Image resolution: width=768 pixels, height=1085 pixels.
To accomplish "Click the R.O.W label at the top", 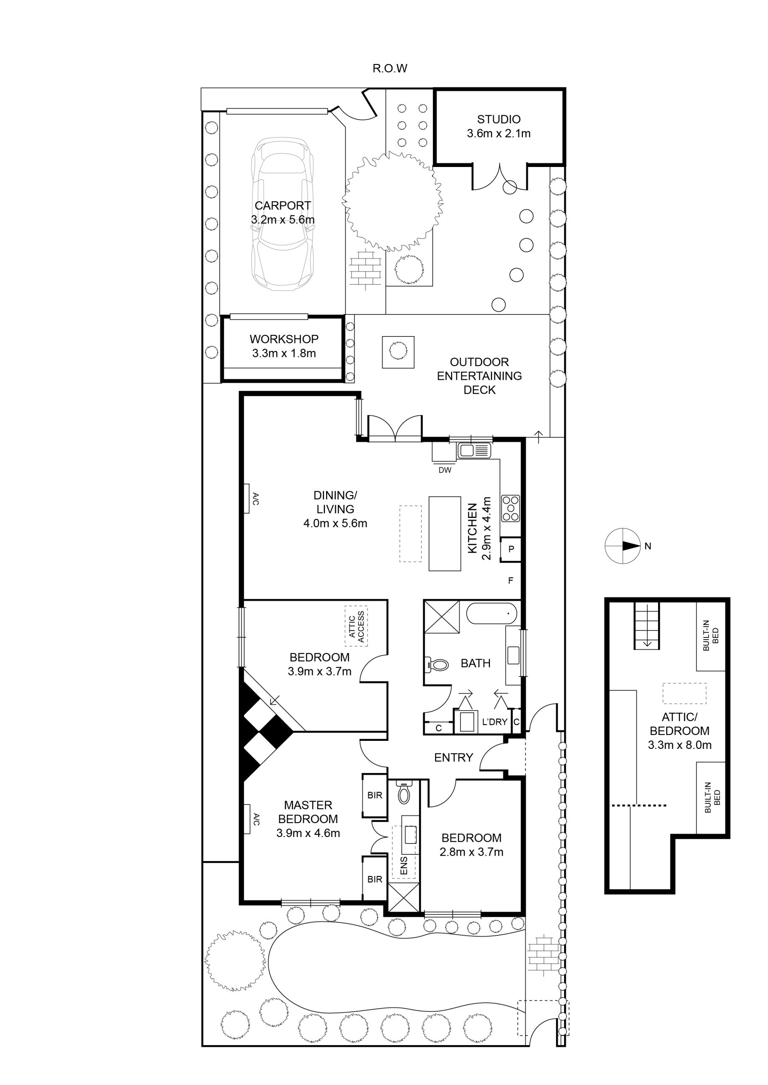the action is coord(390,69).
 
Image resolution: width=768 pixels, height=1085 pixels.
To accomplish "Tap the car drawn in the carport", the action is coord(282,214).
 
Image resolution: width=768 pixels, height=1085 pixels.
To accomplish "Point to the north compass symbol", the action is coord(623,546).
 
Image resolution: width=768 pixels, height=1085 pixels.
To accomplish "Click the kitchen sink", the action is coord(474,451).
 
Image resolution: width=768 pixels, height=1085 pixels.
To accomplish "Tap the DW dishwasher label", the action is coord(445,470).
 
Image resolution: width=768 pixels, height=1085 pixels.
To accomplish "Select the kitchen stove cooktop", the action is coord(510,508).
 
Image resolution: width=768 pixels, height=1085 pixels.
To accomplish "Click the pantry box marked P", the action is coord(511,549).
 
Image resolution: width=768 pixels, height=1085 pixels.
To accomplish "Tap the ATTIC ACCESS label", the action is coord(357,626).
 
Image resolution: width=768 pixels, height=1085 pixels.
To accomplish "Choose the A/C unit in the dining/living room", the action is coord(247,498).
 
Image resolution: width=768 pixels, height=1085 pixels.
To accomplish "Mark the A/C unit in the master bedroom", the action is coord(247,819).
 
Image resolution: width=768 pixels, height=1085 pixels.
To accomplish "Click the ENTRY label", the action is coord(453,757).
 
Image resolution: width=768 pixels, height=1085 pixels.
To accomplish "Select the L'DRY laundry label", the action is coord(494,722).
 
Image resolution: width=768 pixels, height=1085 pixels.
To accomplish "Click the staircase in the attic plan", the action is coord(646,625).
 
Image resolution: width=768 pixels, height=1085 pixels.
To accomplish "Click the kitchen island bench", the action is coord(444,534).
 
